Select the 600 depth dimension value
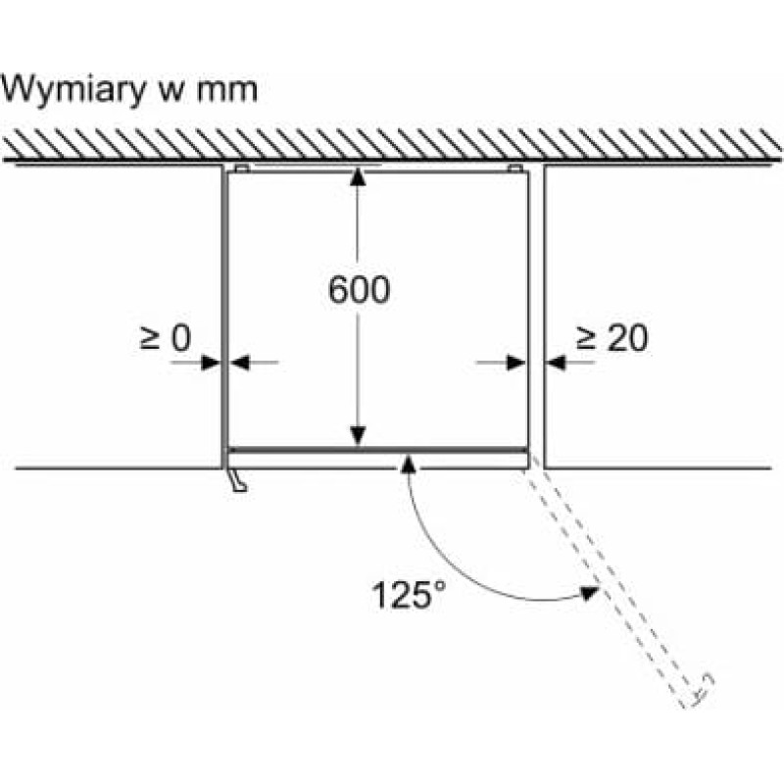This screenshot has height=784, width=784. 359,289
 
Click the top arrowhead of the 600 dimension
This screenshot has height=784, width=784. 359,177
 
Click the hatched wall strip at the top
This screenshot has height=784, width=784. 392,145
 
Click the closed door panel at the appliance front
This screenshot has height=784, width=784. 377,453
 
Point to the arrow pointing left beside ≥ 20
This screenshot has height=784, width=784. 557,363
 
